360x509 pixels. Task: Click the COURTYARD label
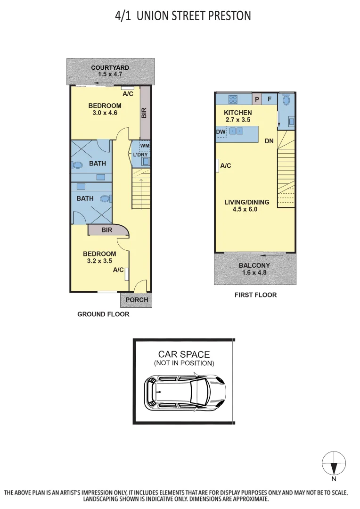pyautogui.click(x=110, y=67)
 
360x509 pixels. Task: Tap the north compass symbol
pyautogui.click(x=334, y=463)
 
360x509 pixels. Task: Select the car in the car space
pyautogui.click(x=185, y=391)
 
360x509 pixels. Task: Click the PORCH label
pyautogui.click(x=137, y=300)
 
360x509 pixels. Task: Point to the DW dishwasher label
pyautogui.click(x=221, y=132)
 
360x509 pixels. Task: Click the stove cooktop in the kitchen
pyautogui.click(x=233, y=99)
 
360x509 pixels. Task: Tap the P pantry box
pyautogui.click(x=257, y=99)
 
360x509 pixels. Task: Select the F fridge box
pyautogui.click(x=270, y=99)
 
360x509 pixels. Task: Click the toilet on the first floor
pyautogui.click(x=286, y=100)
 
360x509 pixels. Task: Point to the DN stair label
pyautogui.click(x=269, y=141)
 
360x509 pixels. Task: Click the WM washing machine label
pyautogui.click(x=145, y=146)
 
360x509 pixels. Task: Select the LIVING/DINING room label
pyautogui.click(x=246, y=202)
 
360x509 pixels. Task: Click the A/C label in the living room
pyautogui.click(x=225, y=165)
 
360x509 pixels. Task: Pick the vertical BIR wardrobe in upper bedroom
pyautogui.click(x=145, y=113)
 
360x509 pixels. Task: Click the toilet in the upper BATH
pyautogui.click(x=78, y=165)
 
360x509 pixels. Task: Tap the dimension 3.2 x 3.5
pyautogui.click(x=99, y=261)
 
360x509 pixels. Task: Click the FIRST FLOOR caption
pyautogui.click(x=255, y=295)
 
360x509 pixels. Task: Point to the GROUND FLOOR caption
pyautogui.click(x=103, y=314)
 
